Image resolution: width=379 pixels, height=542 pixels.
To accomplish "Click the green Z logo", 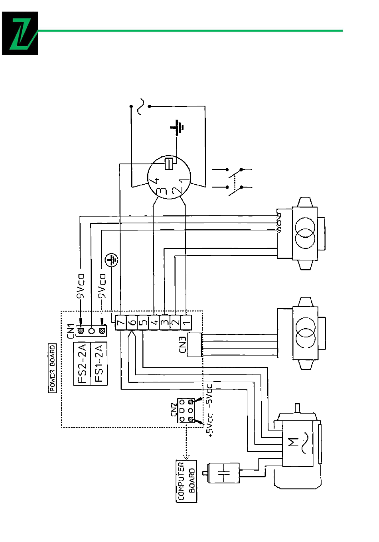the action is click(20, 33).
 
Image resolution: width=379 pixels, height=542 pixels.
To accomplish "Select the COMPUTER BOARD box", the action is click(186, 481).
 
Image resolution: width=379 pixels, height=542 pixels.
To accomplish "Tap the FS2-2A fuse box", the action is click(82, 363).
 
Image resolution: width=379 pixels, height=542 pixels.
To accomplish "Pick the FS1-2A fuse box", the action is click(99, 363).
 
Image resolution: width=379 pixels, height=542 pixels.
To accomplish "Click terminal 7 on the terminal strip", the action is click(120, 323).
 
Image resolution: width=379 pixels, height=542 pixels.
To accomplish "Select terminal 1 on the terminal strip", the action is click(187, 323).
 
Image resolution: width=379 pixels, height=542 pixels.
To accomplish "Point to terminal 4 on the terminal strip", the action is click(154, 323).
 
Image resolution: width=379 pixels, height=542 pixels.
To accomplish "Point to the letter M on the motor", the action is click(293, 442).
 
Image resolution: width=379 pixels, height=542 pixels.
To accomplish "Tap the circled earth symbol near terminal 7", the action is click(112, 260).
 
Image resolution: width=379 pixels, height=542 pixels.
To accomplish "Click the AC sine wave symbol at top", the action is click(140, 106).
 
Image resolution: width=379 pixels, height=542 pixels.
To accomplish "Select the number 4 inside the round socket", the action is click(156, 181).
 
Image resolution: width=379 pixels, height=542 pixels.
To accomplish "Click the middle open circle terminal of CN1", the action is click(91, 330).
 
